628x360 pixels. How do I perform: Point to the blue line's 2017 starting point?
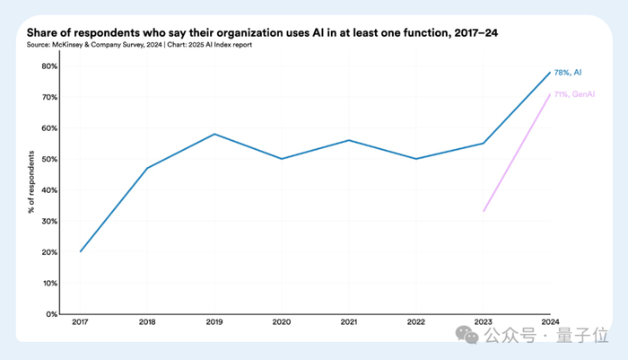[80, 251]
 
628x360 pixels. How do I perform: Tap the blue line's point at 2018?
[147, 168]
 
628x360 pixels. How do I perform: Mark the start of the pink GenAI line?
[483, 211]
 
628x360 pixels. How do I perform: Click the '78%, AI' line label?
[569, 72]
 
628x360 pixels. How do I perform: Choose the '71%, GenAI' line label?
[574, 93]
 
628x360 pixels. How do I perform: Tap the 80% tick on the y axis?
[51, 66]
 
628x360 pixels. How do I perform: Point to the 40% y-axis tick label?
[51, 190]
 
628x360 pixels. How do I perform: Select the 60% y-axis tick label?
[51, 127]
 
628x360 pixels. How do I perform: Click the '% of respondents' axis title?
[29, 190]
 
